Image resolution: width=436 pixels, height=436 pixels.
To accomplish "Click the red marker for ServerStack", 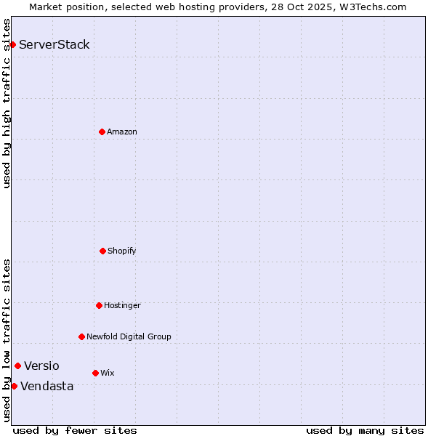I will [x=12, y=44].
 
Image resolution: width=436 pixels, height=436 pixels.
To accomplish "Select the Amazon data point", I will [x=102, y=132].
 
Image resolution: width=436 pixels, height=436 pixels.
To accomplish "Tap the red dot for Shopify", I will [x=102, y=251].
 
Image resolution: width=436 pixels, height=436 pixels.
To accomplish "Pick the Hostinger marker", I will [x=99, y=305].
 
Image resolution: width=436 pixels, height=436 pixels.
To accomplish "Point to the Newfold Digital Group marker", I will [x=81, y=336].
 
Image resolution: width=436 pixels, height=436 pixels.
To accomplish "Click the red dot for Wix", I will [x=95, y=373].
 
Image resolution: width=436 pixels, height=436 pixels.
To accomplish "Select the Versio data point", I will [x=17, y=366].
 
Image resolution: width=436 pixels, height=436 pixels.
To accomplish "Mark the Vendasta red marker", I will [x=14, y=386].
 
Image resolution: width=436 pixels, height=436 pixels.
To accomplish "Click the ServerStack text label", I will [x=54, y=44].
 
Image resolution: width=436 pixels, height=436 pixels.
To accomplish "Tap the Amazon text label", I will [x=122, y=132].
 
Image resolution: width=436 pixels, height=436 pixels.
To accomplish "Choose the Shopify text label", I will [x=122, y=251].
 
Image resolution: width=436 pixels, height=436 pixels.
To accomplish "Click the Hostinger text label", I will [x=122, y=305].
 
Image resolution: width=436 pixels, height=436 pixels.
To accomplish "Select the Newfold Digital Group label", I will [x=129, y=336].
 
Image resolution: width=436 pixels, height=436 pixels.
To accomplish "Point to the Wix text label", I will [x=108, y=373].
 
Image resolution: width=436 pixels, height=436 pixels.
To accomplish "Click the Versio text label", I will [x=41, y=366].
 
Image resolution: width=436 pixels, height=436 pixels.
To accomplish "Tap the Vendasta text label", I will [x=47, y=386].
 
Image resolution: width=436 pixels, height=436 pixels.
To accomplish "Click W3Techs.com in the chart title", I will [x=371, y=7].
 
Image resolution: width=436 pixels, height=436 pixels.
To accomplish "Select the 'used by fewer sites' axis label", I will [x=75, y=430].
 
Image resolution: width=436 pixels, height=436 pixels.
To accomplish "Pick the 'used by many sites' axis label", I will [x=365, y=430].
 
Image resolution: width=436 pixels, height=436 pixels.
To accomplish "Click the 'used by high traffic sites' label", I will [x=7, y=103].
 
